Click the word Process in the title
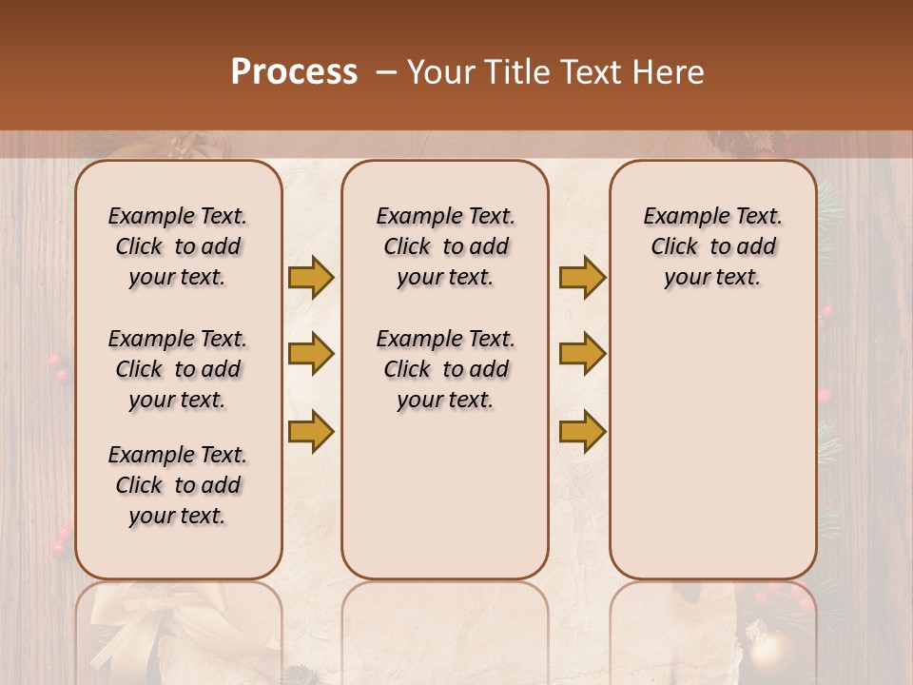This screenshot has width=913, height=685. click(294, 72)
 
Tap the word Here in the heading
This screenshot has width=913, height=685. click(666, 72)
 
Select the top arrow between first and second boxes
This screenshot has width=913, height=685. click(311, 277)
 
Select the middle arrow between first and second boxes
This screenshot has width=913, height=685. click(311, 354)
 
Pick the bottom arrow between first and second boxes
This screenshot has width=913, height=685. click(311, 431)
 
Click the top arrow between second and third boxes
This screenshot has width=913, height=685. click(582, 277)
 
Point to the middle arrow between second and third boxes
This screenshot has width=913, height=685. click(582, 354)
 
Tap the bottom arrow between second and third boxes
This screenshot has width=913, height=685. click(582, 431)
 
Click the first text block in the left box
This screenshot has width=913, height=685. click(178, 246)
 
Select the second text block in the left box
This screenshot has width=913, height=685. click(178, 369)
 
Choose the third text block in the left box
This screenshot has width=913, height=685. click(178, 485)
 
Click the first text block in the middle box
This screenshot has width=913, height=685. click(445, 246)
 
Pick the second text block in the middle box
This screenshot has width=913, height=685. click(445, 369)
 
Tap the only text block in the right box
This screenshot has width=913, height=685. click(712, 246)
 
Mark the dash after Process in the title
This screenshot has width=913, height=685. click(385, 72)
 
